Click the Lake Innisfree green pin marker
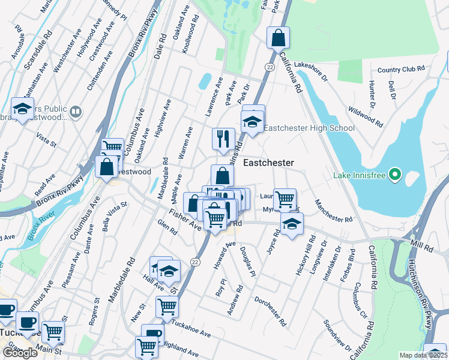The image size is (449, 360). pos(394,175)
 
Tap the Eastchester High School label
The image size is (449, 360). pos(309,128)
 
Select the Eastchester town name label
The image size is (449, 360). pos(268,163)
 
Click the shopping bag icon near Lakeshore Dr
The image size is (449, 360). pos(279,38)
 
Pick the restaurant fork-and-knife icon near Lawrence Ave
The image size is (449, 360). pos(223,139)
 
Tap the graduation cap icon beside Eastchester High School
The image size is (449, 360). pos(253,121)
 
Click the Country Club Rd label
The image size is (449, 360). pos(401,70)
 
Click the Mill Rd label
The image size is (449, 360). pos(422,247)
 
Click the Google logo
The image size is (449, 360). pos(20,353)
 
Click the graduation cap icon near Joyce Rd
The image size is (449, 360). pos(292,224)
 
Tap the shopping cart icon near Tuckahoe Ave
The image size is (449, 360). pos(167,306)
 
